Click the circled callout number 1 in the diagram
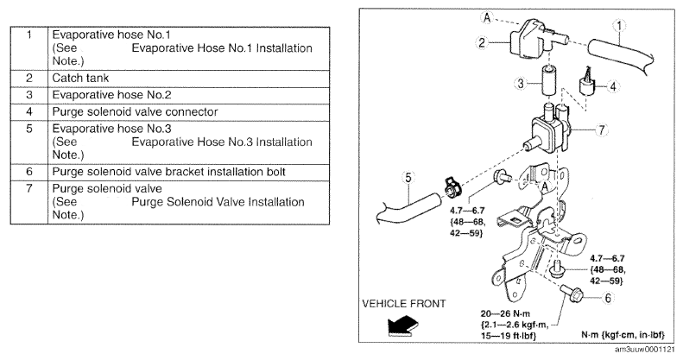pyautogui.click(x=618, y=27)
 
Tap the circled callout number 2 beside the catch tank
pyautogui.click(x=481, y=42)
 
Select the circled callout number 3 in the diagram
pyautogui.click(x=521, y=83)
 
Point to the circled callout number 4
pyautogui.click(x=613, y=86)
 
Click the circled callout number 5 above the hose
pyautogui.click(x=408, y=178)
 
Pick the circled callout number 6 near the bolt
pyautogui.click(x=607, y=298)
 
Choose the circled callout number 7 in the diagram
pyautogui.click(x=602, y=129)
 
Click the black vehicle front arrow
pyautogui.click(x=402, y=326)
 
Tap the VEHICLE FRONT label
pyautogui.click(x=404, y=303)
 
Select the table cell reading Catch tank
pyautogui.click(x=80, y=79)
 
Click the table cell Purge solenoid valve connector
pyautogui.click(x=135, y=112)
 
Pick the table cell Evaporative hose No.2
pyautogui.click(x=112, y=95)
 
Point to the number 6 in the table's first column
pyautogui.click(x=29, y=172)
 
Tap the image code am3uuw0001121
pyautogui.click(x=645, y=350)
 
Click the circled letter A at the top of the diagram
pyautogui.click(x=487, y=18)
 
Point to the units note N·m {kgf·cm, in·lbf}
pyautogui.click(x=623, y=334)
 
